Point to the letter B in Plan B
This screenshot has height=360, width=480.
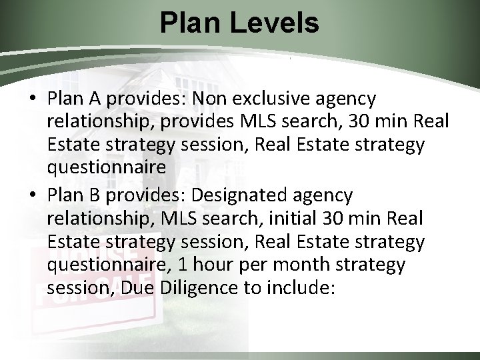(x=85, y=195)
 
